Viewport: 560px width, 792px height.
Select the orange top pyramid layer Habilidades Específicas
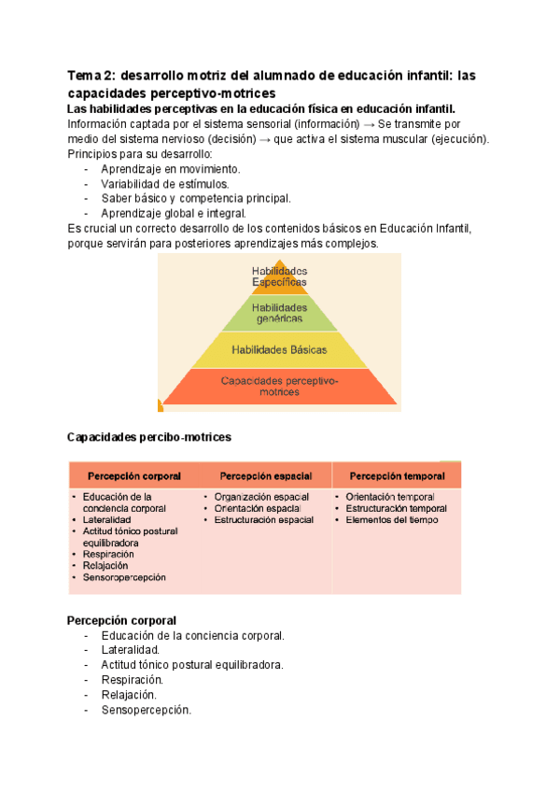pyautogui.click(x=279, y=276)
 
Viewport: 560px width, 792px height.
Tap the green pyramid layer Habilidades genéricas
pyautogui.click(x=279, y=313)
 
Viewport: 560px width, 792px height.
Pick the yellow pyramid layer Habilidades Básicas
pyautogui.click(x=279, y=349)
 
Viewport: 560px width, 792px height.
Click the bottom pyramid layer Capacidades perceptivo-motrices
pyautogui.click(x=279, y=387)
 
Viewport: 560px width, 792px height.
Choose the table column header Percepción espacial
pyautogui.click(x=266, y=475)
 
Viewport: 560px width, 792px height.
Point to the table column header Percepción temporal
pyautogui.click(x=397, y=475)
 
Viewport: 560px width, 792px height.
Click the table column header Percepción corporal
pyautogui.click(x=134, y=475)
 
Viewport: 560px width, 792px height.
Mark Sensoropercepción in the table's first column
pyautogui.click(x=124, y=577)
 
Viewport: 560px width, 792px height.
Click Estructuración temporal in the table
pyautogui.click(x=396, y=509)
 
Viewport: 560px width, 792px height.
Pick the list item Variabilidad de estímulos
pyautogui.click(x=164, y=184)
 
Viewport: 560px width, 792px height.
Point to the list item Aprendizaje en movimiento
pyautogui.click(x=170, y=169)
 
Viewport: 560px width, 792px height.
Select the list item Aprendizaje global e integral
pyautogui.click(x=174, y=213)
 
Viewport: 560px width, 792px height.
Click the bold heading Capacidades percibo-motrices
pyautogui.click(x=149, y=437)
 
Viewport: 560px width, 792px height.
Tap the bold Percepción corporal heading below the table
pyautogui.click(x=122, y=621)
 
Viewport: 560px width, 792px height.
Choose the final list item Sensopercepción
pyautogui.click(x=146, y=710)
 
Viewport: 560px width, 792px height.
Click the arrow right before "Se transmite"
pyautogui.click(x=367, y=124)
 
